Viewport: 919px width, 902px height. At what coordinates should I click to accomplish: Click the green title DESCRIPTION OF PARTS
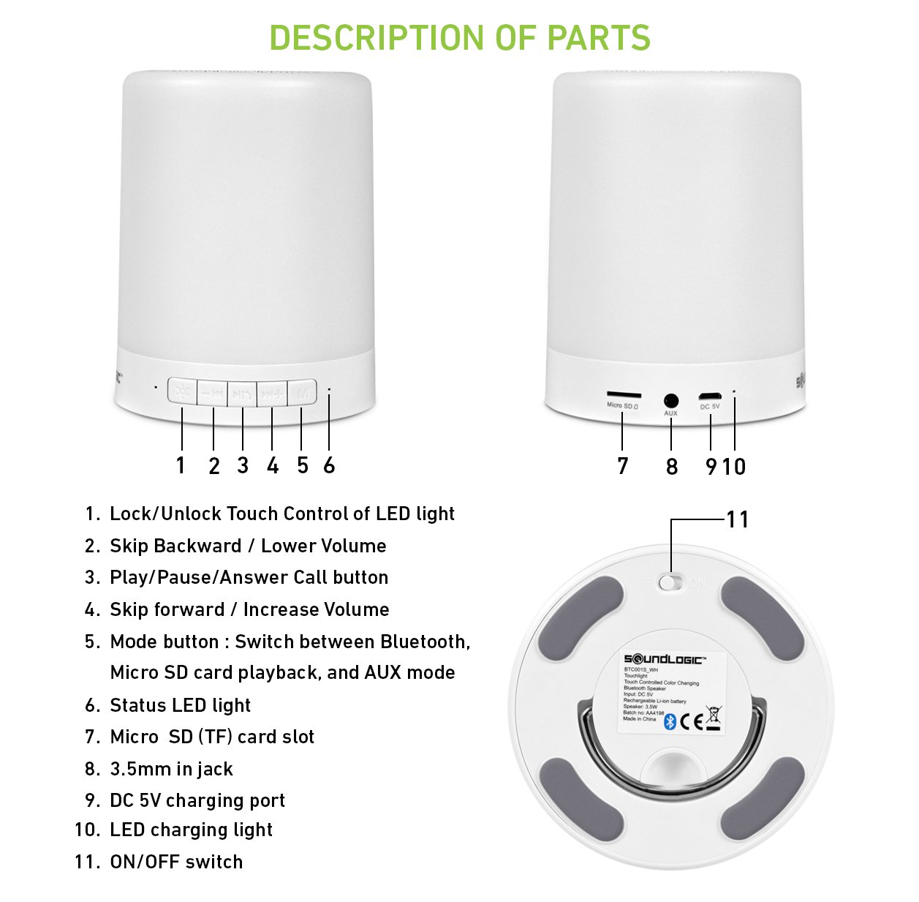[459, 38]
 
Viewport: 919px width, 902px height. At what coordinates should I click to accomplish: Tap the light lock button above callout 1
[182, 392]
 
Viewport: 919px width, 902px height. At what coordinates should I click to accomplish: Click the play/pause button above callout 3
[242, 394]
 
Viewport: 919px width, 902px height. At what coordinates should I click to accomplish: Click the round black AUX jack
[670, 401]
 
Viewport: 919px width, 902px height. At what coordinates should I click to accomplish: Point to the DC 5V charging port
[709, 397]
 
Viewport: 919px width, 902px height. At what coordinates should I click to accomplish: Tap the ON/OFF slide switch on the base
[670, 582]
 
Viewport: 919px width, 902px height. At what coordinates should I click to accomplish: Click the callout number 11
[737, 519]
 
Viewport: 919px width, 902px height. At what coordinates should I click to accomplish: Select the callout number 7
[622, 466]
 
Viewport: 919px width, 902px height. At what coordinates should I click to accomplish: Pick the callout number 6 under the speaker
[329, 465]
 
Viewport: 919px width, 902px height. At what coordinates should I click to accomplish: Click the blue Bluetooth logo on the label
[670, 722]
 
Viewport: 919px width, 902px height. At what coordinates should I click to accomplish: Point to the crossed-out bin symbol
[713, 718]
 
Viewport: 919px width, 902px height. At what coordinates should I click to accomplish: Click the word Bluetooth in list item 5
[424, 642]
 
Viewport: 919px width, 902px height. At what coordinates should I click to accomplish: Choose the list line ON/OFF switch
[176, 862]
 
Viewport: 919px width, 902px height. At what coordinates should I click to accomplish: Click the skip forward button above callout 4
[272, 394]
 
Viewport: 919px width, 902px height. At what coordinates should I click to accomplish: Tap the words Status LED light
[180, 705]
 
